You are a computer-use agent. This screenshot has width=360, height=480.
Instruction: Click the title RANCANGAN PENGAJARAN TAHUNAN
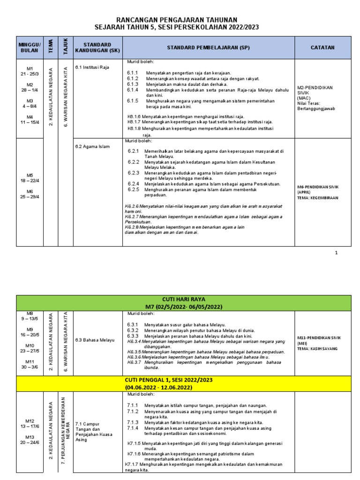[180, 20]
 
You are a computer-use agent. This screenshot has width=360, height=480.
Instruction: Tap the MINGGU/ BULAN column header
[30, 47]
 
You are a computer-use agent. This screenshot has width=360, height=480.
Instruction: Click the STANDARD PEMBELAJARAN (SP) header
[209, 47]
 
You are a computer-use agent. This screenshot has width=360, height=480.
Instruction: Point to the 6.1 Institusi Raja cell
[92, 67]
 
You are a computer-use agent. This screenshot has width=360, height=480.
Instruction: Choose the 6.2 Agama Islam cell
[92, 146]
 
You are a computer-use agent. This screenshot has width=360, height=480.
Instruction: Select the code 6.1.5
[133, 101]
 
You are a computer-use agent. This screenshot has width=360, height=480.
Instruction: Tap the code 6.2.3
[134, 172]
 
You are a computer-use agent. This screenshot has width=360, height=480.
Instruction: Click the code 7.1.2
[133, 412]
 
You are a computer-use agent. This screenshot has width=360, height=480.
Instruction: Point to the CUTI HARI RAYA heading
[180, 299]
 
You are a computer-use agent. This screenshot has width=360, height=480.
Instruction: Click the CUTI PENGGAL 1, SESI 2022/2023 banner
[180, 379]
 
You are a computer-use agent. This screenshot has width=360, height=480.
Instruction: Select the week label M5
[30, 175]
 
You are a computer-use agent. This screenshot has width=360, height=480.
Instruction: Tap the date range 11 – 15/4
[30, 123]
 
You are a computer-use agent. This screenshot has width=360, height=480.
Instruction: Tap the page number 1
[336, 253]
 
